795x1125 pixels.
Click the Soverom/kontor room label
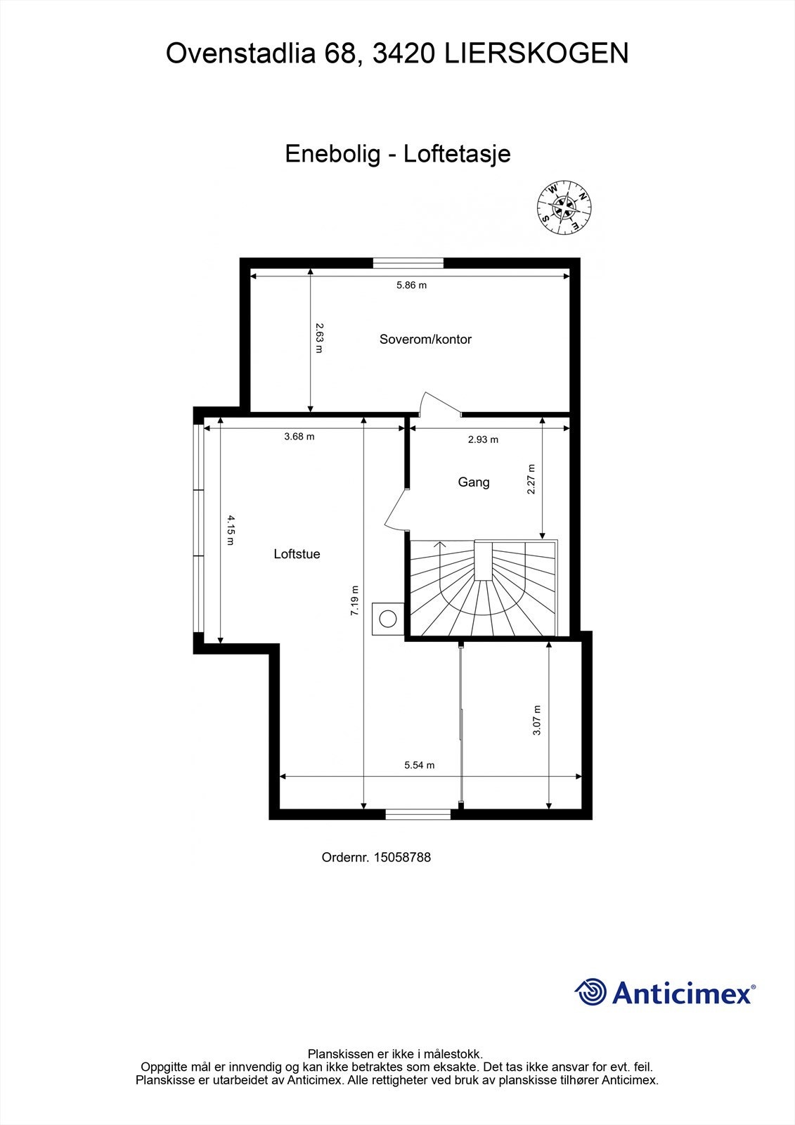click(x=425, y=339)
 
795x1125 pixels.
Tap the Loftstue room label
click(x=297, y=554)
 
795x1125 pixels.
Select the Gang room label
click(x=474, y=482)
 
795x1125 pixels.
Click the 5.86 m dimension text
click(x=411, y=285)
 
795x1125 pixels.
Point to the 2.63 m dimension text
click(x=319, y=337)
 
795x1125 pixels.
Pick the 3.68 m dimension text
click(x=299, y=437)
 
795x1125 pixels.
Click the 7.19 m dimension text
click(x=355, y=601)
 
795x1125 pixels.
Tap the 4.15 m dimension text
click(x=231, y=530)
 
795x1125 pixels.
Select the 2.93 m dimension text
click(x=483, y=440)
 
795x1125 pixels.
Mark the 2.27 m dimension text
click(x=531, y=479)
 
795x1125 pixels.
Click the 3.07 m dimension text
click(x=537, y=720)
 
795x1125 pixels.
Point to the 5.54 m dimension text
click(x=419, y=765)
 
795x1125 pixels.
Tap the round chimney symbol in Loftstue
click(x=387, y=619)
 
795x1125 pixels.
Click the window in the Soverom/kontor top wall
click(x=408, y=264)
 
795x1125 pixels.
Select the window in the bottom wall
click(x=418, y=814)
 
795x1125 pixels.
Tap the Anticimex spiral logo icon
click(x=591, y=992)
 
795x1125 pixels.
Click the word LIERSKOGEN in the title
click(x=536, y=53)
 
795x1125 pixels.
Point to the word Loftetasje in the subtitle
click(x=457, y=154)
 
